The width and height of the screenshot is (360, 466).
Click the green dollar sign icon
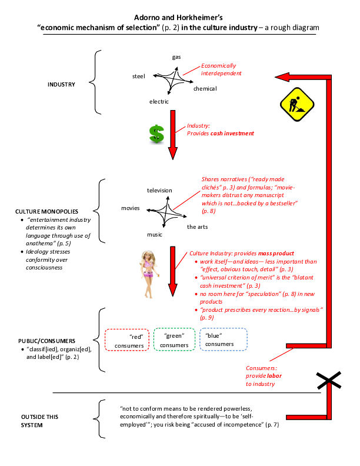(156, 134)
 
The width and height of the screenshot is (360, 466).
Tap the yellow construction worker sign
(297, 104)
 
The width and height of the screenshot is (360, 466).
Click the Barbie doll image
(149, 274)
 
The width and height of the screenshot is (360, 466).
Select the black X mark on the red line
(329, 380)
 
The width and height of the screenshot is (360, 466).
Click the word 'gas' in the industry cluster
(176, 56)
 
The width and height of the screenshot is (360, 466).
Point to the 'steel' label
(139, 76)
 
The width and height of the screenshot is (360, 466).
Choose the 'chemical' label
(205, 89)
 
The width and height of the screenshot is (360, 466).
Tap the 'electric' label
(159, 102)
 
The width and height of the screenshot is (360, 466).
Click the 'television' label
(159, 191)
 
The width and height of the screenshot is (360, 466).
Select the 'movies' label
(131, 208)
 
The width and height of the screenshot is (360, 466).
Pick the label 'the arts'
(198, 227)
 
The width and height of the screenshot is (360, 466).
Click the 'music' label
(155, 235)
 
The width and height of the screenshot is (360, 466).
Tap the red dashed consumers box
(127, 339)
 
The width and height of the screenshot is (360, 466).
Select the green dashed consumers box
(174, 339)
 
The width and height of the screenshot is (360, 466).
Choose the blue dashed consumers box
(224, 339)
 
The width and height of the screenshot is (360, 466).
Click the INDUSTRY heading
(62, 84)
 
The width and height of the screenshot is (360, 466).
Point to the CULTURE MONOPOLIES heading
(46, 212)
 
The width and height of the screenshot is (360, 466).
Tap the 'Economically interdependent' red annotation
(221, 69)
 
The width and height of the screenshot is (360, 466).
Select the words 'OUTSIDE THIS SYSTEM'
(39, 421)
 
